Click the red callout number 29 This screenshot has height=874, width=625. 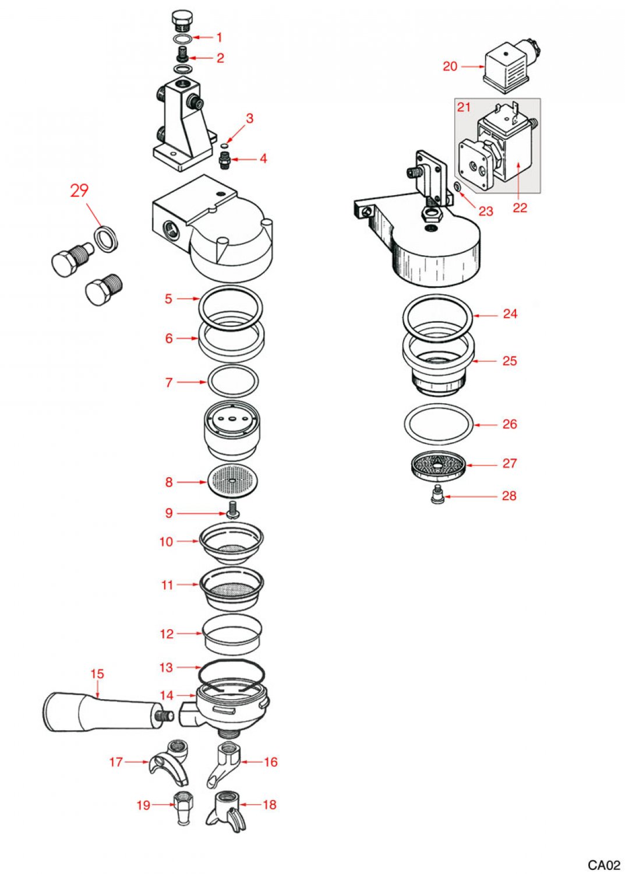[79, 191]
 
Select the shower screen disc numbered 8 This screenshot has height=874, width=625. [232, 481]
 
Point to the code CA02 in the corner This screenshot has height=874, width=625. [603, 865]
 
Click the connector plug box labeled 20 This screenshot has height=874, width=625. [504, 69]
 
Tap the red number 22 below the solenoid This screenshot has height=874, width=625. [520, 207]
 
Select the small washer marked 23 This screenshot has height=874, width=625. [457, 187]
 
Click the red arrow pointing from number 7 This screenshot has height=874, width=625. [192, 382]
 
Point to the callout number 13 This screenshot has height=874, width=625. [166, 667]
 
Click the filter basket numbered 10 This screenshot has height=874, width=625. [231, 543]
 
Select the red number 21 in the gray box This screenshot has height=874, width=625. [464, 107]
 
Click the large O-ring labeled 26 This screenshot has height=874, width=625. [438, 424]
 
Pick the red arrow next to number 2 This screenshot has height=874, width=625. [199, 58]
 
